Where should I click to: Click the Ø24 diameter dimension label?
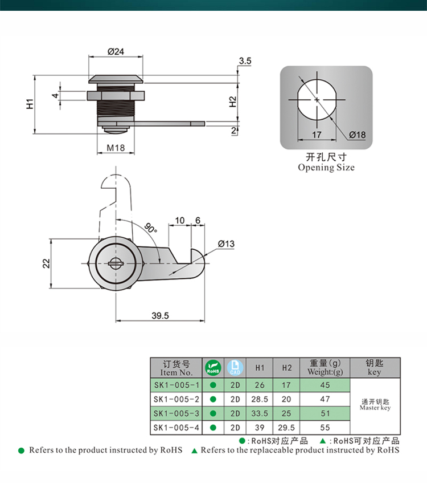click(116, 52)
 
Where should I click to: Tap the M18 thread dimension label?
click(116, 148)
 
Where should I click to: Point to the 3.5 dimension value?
click(245, 60)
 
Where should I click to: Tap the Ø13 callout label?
click(226, 244)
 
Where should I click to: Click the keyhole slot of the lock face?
click(116, 263)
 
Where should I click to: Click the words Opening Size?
click(326, 168)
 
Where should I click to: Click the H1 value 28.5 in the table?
click(260, 399)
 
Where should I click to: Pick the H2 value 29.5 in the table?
click(286, 427)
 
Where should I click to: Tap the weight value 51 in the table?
click(325, 413)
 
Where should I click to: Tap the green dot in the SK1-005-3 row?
click(213, 413)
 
